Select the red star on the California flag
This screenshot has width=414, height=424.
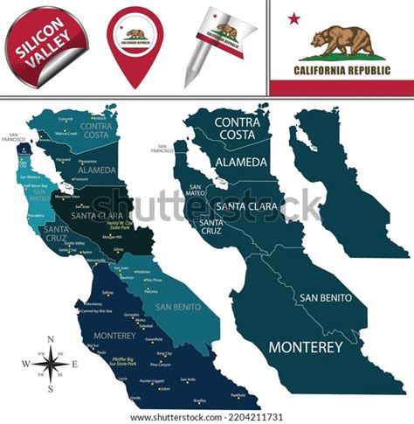tap(294, 17)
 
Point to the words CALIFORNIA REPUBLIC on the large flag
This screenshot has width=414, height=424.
tap(341, 69)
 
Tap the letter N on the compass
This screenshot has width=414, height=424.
tap(51, 339)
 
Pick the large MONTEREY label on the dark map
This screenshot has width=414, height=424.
tap(305, 347)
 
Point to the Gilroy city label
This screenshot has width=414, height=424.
tap(119, 250)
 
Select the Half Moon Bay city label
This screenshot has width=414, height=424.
tap(35, 186)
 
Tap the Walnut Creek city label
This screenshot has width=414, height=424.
tap(66, 134)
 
